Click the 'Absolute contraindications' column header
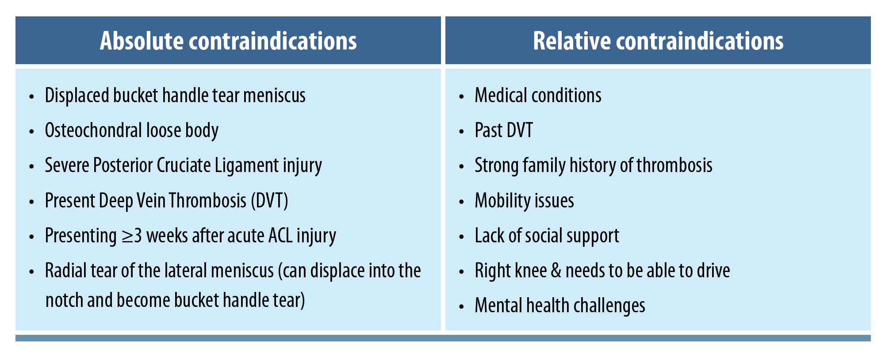[228, 41]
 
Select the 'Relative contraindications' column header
[658, 41]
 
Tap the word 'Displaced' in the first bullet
[77, 96]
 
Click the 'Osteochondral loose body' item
[132, 130]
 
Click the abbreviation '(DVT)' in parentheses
[269, 201]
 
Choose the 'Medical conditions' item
[538, 96]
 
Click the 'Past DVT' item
[504, 130]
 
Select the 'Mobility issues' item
[524, 201]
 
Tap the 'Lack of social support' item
[547, 236]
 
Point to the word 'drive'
[713, 271]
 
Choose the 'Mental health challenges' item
[560, 306]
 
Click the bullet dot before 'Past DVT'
[462, 131]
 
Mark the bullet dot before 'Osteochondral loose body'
[31, 131]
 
